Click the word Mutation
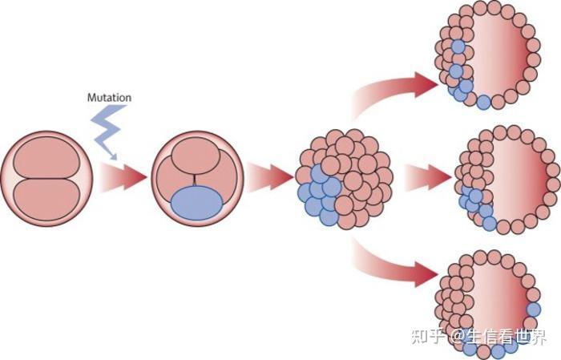(109, 97)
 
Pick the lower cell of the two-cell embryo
(46, 200)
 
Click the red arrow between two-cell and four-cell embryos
(123, 177)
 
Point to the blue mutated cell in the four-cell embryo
(197, 203)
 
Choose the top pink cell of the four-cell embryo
(196, 156)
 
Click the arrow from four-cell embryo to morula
(270, 176)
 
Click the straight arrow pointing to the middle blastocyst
(428, 176)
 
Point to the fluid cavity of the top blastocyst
(501, 57)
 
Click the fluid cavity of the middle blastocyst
(519, 179)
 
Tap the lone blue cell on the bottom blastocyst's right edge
(534, 309)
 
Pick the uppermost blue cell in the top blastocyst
(458, 47)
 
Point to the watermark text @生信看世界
(498, 337)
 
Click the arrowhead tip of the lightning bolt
(117, 160)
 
